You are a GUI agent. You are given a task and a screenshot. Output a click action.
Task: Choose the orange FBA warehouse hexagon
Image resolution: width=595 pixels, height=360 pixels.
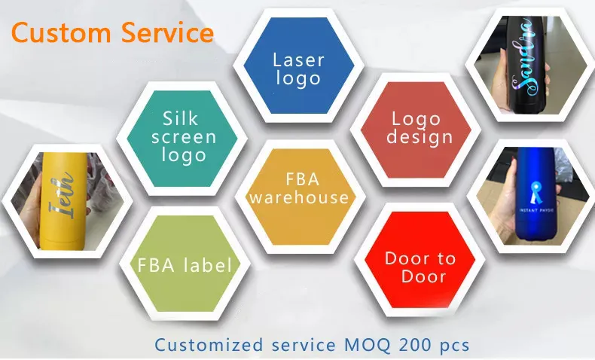point(300,189)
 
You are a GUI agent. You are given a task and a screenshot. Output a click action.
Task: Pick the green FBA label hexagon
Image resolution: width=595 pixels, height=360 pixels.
point(184,265)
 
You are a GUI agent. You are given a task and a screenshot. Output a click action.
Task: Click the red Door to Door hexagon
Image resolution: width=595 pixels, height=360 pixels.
point(420,267)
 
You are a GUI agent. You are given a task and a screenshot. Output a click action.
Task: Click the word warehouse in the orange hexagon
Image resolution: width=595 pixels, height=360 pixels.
point(300,197)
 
